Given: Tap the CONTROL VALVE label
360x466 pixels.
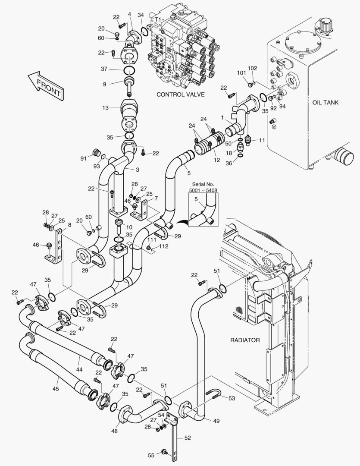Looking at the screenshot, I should click(x=180, y=94).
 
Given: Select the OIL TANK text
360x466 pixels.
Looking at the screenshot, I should click(x=326, y=102).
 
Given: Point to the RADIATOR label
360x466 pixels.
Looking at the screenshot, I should click(x=245, y=340).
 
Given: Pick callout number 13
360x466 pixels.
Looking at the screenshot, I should click(x=106, y=108).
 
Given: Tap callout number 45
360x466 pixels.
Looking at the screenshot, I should click(x=56, y=389).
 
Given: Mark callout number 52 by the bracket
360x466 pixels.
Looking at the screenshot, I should click(x=187, y=438).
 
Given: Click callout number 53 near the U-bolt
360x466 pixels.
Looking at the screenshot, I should click(x=232, y=398).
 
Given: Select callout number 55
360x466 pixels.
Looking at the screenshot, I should click(x=151, y=456).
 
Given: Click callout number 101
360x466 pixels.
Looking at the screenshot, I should click(x=241, y=72).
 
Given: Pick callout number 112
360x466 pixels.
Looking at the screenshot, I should click(x=164, y=247).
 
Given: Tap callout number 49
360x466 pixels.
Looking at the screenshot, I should click(x=216, y=421).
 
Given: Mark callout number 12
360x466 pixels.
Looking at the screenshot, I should click(x=217, y=160).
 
